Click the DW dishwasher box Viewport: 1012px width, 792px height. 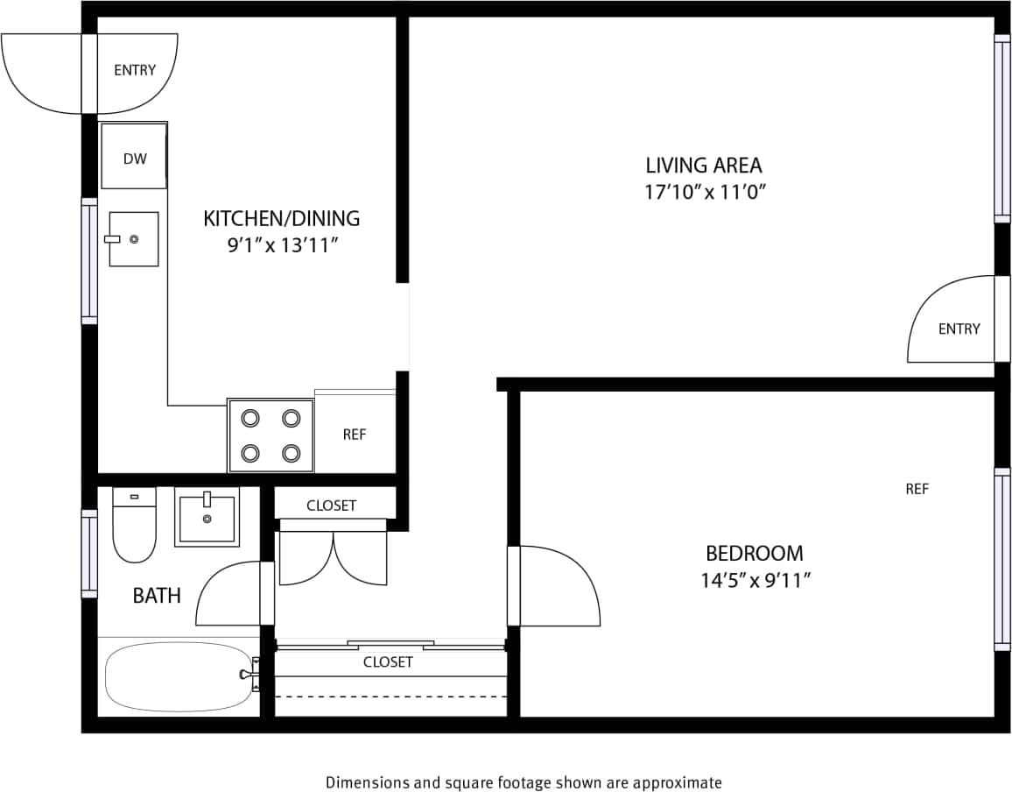tap(134, 157)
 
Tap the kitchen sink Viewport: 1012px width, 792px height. tap(133, 238)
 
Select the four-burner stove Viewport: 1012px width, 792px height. tap(271, 435)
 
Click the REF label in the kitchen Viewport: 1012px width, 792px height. tap(354, 435)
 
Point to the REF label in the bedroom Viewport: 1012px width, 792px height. tap(917, 489)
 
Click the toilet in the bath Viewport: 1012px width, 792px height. tap(134, 525)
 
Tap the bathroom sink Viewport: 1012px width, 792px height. tap(207, 517)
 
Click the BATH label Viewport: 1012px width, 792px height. tap(157, 596)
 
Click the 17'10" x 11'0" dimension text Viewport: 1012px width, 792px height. tap(706, 193)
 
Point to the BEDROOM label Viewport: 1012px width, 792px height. tap(754, 553)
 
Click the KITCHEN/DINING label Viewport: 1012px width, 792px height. tap(281, 218)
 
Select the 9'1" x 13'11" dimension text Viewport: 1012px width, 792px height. tap(282, 246)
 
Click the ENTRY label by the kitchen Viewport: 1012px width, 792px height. tap(135, 70)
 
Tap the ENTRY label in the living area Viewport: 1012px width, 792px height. tap(959, 329)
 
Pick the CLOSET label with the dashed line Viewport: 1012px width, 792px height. tap(388, 662)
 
